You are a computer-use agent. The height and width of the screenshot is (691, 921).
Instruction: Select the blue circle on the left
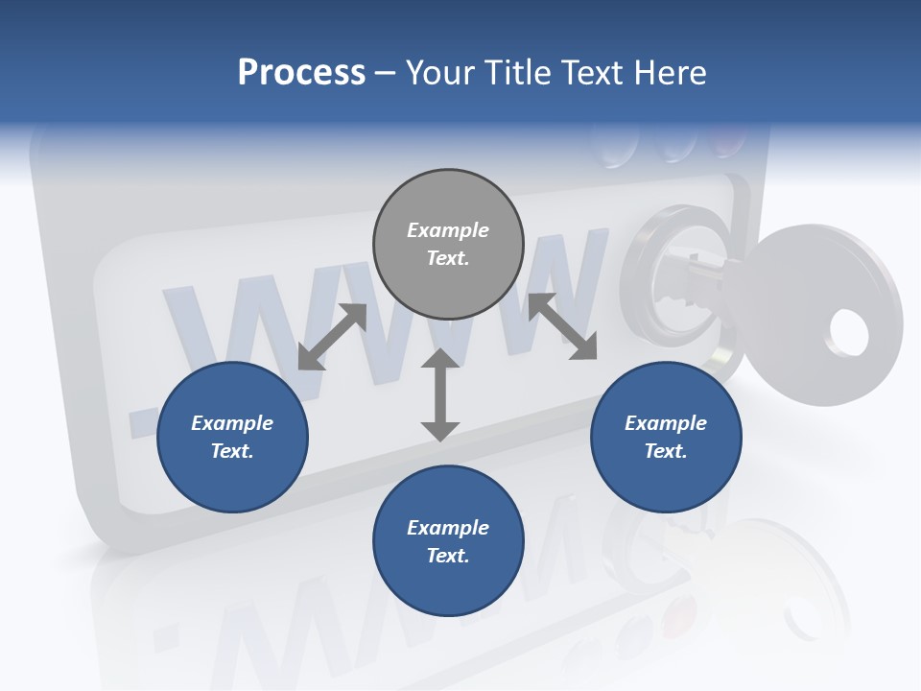point(232,437)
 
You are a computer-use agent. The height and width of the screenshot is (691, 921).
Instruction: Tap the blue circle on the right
point(666,437)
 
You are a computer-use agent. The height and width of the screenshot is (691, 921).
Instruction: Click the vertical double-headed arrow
point(439,394)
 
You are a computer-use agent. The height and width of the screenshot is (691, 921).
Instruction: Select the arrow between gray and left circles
point(332,336)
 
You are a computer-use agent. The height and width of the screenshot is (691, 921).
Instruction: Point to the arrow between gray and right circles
point(563,326)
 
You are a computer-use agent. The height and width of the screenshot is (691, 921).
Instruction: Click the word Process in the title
point(301,72)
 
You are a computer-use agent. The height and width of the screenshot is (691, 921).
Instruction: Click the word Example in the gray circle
point(448,230)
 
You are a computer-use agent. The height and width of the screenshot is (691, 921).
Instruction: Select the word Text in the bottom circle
point(446,556)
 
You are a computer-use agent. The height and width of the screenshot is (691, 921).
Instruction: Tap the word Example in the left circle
point(232,423)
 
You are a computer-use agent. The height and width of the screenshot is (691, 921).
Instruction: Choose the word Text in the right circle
point(664,451)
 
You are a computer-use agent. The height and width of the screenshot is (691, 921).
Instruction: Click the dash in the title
point(386,72)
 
